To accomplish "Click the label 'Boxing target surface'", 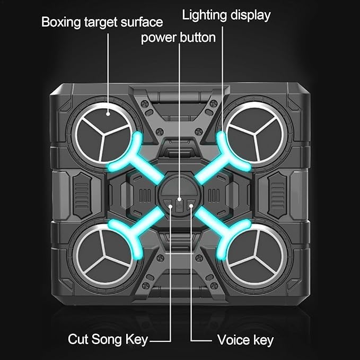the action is [x=102, y=22].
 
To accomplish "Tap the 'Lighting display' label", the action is [x=226, y=15].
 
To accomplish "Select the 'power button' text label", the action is [x=179, y=38].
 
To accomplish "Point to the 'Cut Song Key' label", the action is [x=108, y=339].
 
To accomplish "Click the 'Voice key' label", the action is [x=245, y=339].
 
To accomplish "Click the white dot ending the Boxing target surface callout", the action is [x=108, y=112].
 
